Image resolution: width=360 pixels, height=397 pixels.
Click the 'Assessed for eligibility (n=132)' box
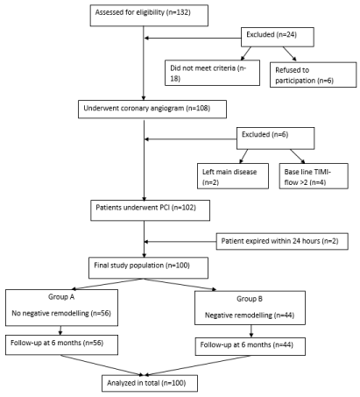(x=149, y=16)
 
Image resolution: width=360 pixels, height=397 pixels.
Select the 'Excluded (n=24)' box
(x=278, y=37)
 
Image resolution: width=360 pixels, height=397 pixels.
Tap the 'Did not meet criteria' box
(x=212, y=73)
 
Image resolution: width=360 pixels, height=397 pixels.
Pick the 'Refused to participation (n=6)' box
(x=313, y=74)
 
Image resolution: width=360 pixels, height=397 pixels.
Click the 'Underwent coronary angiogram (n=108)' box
(x=152, y=110)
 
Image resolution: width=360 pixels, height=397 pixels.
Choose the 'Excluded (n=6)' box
(x=275, y=138)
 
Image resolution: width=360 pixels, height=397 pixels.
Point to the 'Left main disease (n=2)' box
(x=233, y=176)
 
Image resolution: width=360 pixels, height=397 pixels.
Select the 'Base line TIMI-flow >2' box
(x=314, y=176)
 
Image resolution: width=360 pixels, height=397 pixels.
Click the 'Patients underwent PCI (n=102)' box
(x=150, y=210)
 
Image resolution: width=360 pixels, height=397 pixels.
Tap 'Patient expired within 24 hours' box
(x=282, y=241)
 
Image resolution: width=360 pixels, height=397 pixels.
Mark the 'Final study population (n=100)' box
(x=148, y=267)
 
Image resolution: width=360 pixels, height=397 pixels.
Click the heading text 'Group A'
(x=61, y=297)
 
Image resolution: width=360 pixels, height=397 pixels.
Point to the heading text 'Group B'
(x=250, y=299)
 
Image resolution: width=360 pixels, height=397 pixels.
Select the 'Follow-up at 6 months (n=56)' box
(x=61, y=344)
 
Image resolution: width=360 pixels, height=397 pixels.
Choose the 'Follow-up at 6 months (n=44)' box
(x=251, y=346)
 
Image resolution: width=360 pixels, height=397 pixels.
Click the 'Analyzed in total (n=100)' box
(x=150, y=383)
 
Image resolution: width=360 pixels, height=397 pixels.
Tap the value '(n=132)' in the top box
(x=179, y=12)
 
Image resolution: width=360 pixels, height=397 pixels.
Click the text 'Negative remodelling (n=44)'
(x=250, y=315)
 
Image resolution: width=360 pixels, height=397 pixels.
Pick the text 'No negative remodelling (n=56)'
(x=61, y=314)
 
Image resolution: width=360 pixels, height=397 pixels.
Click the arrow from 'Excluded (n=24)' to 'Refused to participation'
(x=290, y=53)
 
